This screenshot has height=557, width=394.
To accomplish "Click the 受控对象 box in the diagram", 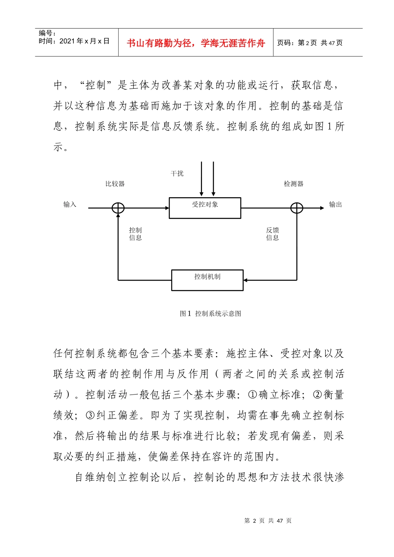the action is (x=205, y=208).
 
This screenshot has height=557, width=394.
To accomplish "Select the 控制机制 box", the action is (x=207, y=280).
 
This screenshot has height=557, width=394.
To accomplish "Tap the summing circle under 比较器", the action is (x=118, y=208).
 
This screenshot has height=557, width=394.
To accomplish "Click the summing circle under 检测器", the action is (x=297, y=208).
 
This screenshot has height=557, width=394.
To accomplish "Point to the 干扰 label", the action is (x=177, y=174).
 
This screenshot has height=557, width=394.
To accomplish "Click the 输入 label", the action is (x=70, y=204).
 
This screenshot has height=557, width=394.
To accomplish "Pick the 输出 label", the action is (x=336, y=204).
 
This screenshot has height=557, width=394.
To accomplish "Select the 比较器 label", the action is (x=115, y=184).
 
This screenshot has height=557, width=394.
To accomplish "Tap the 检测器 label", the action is (x=294, y=184).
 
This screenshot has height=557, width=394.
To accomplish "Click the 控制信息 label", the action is (x=136, y=234).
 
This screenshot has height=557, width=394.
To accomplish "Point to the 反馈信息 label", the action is (x=272, y=234).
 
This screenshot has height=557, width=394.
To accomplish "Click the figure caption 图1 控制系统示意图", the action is (x=210, y=314).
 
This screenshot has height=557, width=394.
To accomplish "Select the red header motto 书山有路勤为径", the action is (x=196, y=43).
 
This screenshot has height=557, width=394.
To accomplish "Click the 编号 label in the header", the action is (x=47, y=33).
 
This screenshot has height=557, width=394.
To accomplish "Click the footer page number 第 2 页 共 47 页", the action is (x=268, y=521).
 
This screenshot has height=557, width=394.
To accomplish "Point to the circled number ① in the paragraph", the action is (x=253, y=395).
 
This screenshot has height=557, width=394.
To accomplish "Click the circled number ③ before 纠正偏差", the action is (x=90, y=415).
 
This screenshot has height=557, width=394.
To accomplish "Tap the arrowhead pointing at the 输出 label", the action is (x=322, y=208).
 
